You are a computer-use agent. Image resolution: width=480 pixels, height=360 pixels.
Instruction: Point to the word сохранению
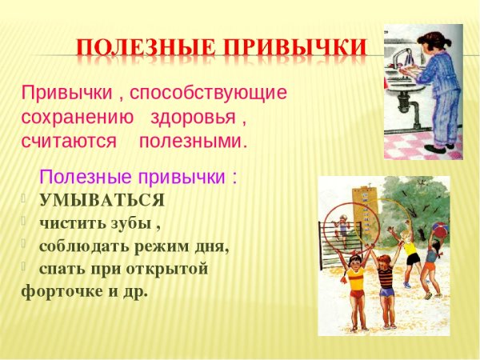coord(78,117)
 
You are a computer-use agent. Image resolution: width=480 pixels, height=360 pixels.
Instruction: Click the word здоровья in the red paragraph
coord(194,117)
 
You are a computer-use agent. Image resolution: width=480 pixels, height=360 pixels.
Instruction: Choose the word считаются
coord(69,142)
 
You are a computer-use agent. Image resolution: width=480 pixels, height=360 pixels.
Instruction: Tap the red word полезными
coord(193,142)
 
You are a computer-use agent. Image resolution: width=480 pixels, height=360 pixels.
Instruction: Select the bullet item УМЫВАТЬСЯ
coord(102,200)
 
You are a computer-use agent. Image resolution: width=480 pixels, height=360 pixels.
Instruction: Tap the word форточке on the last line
coord(60,291)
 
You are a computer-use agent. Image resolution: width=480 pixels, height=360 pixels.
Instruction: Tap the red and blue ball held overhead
coord(439,228)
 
